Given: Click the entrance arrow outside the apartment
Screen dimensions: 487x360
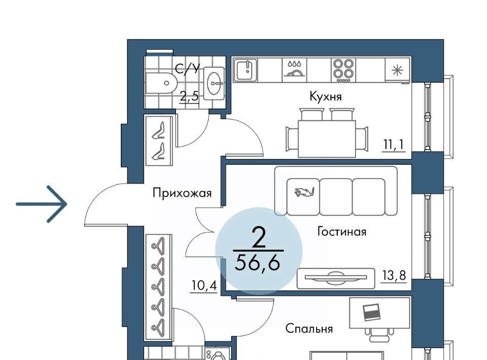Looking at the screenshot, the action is point(42,204).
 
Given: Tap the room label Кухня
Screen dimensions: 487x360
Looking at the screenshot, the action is point(326,96).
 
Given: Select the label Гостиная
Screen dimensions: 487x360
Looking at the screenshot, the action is point(341,232).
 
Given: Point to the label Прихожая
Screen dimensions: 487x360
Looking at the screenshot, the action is point(182,193).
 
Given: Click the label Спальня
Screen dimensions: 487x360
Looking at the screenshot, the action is point(309,329).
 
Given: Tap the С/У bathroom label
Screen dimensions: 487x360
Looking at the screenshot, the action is point(187,68).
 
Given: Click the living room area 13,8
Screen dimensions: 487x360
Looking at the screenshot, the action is point(394,275).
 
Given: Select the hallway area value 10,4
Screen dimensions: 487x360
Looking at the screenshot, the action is point(204,285).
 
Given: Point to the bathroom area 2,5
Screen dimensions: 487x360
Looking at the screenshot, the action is point(189,96).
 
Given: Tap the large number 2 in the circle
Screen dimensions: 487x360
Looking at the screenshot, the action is point(259,237).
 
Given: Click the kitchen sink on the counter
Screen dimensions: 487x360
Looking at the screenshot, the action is point(246,70).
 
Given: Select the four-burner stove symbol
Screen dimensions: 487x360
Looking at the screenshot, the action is point(343,70).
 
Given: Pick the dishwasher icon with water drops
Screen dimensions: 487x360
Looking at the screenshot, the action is point(294,69).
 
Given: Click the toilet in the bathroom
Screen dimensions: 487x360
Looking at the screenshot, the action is point(161,83).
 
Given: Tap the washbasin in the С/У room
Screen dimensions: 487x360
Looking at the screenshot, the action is point(214,83).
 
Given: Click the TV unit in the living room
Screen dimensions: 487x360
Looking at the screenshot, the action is point(336,278).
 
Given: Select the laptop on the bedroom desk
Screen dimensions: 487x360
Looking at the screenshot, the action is point(372,312).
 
